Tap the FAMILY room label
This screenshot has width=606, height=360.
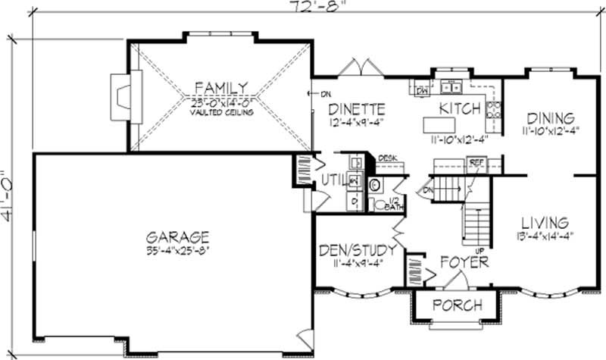click(x=220, y=86)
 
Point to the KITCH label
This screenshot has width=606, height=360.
click(x=460, y=108)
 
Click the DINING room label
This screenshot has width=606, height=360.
click(x=551, y=118)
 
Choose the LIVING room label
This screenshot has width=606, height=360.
click(x=545, y=223)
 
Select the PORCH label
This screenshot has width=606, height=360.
click(x=457, y=305)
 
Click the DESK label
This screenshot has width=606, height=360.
click(x=387, y=158)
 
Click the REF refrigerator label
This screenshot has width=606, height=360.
click(x=476, y=162)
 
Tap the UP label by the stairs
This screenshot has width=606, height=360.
click(x=479, y=249)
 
